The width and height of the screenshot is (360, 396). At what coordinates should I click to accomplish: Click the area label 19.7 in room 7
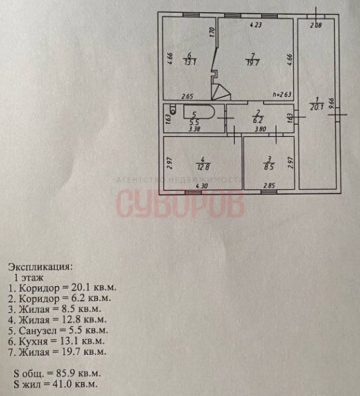click(253, 63)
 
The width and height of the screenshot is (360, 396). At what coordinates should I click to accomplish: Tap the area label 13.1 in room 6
click(190, 62)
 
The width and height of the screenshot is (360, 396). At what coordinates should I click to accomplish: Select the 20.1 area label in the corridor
click(317, 107)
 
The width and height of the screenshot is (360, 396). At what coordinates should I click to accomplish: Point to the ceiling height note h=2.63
click(282, 94)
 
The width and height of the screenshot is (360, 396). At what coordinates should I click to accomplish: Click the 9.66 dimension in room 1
click(332, 104)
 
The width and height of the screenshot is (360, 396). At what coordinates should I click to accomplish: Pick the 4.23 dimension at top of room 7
click(256, 24)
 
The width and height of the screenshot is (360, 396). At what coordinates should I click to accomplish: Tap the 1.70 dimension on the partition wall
click(212, 32)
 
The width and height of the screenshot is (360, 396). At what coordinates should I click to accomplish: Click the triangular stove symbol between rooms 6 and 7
click(221, 93)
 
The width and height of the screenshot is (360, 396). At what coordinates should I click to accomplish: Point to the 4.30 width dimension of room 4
click(202, 186)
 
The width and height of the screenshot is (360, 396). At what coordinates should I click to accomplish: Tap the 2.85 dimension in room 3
click(269, 186)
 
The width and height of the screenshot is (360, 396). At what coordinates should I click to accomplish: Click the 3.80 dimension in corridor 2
click(260, 129)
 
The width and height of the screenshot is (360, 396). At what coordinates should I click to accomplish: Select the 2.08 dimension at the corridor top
click(316, 25)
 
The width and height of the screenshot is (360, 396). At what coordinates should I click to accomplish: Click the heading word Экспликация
click(40, 267)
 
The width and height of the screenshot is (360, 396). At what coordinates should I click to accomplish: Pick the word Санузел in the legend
click(35, 330)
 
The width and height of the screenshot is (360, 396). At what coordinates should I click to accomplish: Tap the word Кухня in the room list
click(33, 341)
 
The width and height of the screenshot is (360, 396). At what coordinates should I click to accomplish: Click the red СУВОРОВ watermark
click(181, 204)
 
